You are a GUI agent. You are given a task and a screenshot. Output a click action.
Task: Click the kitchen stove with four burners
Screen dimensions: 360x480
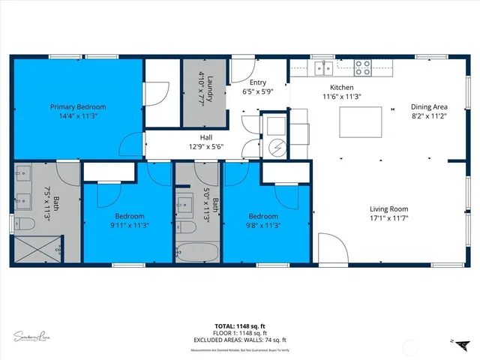click(362, 67)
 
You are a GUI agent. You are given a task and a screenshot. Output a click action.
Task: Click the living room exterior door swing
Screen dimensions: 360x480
click(331, 247)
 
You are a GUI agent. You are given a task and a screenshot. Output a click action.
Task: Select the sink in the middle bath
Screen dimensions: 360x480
click(184, 202)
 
